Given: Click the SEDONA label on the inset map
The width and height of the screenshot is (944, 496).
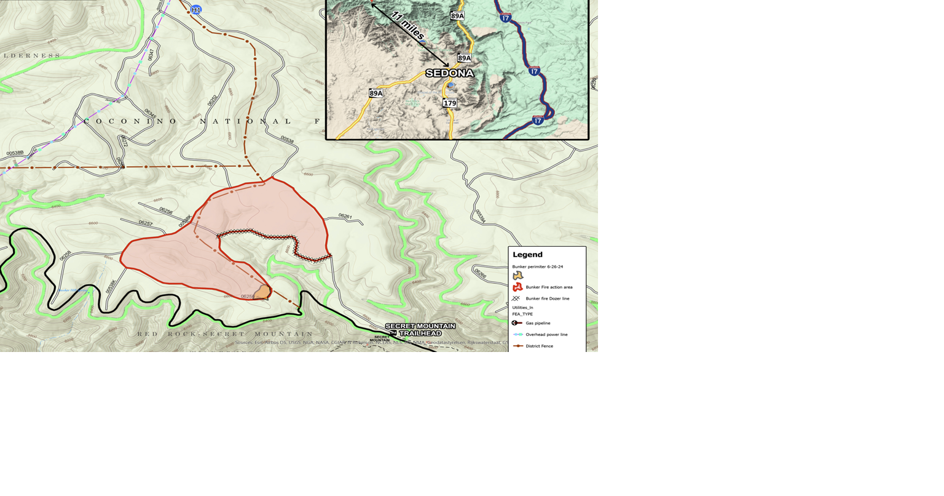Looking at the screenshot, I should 450,73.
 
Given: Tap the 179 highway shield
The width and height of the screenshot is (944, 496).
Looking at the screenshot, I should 450,103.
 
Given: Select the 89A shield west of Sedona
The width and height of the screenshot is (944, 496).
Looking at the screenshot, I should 376,94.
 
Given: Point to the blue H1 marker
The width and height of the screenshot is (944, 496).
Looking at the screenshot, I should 196,10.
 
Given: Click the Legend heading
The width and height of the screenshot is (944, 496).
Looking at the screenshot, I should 527,255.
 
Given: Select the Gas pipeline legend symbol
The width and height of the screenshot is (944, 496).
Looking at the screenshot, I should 517,323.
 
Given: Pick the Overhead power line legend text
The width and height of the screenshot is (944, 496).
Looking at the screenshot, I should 546,335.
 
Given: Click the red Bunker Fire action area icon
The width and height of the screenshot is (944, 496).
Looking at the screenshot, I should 517,287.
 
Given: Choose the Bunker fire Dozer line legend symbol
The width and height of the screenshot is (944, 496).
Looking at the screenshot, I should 516,298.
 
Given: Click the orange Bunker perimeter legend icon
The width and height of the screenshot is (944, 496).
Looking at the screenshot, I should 517,276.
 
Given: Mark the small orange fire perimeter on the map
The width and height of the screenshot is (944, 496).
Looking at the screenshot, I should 263,292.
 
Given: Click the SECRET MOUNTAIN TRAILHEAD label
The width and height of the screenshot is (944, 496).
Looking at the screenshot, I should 420,329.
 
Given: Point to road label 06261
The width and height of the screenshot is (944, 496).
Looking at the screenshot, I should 345,217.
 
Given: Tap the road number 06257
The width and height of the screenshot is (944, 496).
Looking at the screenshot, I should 146,223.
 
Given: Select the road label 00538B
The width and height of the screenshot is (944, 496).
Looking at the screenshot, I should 15,153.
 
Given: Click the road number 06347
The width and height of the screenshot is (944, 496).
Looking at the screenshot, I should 151,55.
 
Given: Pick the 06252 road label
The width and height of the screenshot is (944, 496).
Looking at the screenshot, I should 213,100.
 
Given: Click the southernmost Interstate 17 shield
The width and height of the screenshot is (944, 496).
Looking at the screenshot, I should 538,121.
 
